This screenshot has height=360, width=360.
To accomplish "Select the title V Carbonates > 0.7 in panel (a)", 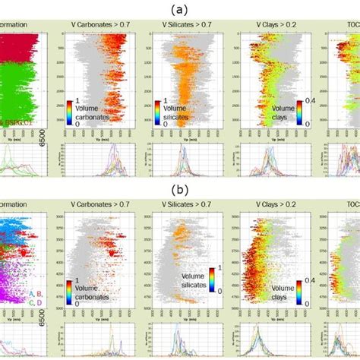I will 100,24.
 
